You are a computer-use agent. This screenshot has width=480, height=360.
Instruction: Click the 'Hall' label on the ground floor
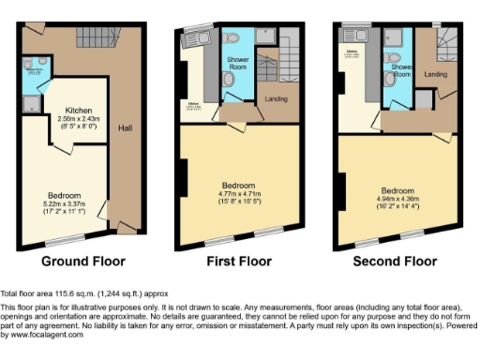tap(125, 127)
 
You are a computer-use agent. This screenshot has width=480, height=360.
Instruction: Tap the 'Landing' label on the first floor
tap(277, 100)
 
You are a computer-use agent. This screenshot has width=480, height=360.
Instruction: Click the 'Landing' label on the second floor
tap(435, 74)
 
